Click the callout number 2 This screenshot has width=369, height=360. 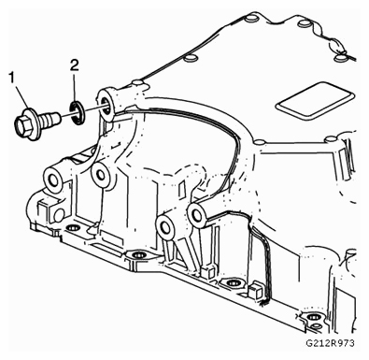tap(75, 65)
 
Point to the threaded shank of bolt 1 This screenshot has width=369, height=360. tap(50, 119)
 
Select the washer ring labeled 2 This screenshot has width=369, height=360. tap(77, 113)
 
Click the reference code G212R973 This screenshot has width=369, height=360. tap(330, 343)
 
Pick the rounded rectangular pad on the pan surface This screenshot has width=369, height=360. tap(315, 100)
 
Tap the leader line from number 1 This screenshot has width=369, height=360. tap(21, 96)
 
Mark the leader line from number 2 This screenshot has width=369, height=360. tap(75, 87)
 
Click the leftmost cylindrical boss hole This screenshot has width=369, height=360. tap(51, 180)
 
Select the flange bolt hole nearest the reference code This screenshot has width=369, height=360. tap(311, 317)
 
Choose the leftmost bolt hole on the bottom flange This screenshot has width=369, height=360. tap(71, 227)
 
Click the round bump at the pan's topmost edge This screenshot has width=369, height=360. tap(250, 18)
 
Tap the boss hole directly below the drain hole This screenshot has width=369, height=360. tap(100, 174)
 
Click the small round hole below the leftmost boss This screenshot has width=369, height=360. tap(59, 214)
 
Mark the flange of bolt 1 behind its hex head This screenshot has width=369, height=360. tap(35, 124)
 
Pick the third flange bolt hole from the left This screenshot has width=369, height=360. tap(231, 282)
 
